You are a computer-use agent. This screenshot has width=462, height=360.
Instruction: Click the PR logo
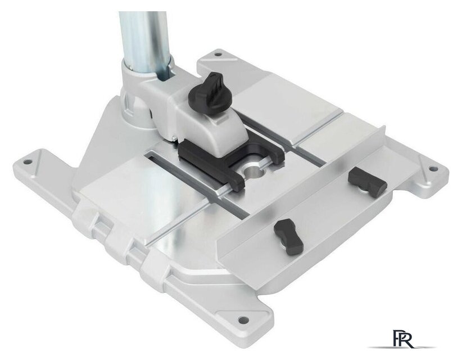click(403, 339)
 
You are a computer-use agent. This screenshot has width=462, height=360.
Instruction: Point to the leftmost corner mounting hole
click(28, 162)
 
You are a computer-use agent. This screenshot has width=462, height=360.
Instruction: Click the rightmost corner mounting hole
click(433, 169)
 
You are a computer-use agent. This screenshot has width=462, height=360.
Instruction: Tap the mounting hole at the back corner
click(218, 55)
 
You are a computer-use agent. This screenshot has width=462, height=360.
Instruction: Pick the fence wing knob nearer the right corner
click(367, 182)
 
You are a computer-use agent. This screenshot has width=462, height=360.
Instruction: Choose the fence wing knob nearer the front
click(288, 237)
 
